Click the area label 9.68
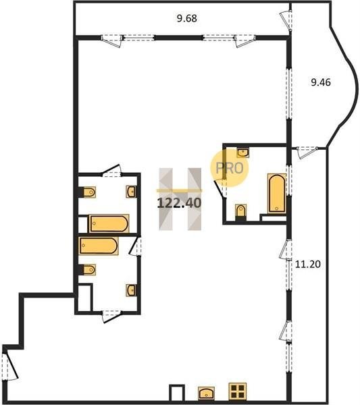coord(187,18)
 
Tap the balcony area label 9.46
coord(321,82)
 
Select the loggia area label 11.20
coord(308,264)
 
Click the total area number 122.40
coord(179,203)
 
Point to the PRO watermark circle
coord(229,168)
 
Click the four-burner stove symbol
coord(238,391)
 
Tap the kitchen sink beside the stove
coord(206,393)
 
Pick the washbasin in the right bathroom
coord(243,153)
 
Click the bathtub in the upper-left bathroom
coord(109,223)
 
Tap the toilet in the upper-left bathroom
coord(87,192)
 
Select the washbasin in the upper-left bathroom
coord(132,192)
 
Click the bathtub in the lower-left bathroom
coord(99,246)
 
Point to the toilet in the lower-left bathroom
coord(87,269)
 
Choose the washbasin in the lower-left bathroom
coord(132,290)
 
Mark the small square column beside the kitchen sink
coord(177,393)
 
